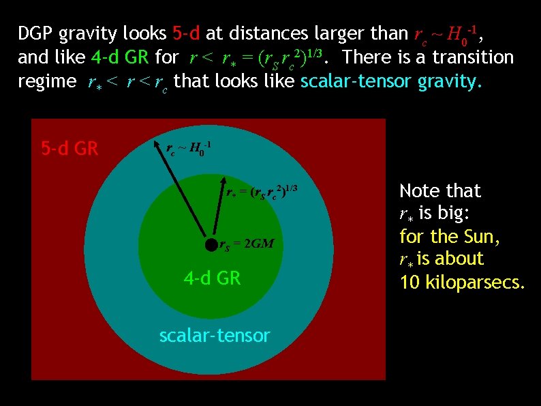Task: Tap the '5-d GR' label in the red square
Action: (69, 148)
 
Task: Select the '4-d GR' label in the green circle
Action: (212, 278)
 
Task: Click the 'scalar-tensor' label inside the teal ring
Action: (214, 335)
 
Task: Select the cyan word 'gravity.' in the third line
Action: (450, 81)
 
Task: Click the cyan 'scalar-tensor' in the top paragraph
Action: (356, 81)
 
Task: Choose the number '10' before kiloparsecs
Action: (409, 282)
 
